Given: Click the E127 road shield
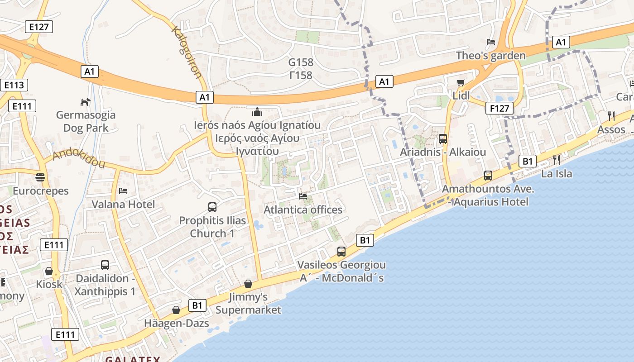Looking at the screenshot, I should click(x=38, y=27).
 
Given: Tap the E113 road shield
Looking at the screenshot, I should click(x=14, y=85).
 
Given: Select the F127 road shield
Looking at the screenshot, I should click(x=500, y=108).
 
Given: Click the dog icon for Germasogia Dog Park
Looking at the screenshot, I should click(x=85, y=102).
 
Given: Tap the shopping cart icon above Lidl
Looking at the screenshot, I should click(x=461, y=82).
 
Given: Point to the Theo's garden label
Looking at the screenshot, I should click(x=490, y=56).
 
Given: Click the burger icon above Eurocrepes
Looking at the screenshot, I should click(x=41, y=177).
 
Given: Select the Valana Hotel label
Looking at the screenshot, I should click(x=123, y=204).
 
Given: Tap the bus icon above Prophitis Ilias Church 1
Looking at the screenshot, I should click(x=212, y=207).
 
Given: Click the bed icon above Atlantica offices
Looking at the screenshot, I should click(x=303, y=196).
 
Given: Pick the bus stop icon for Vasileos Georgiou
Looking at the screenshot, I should click(x=341, y=251).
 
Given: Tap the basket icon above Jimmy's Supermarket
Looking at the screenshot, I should click(x=248, y=284).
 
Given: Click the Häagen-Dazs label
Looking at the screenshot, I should click(x=177, y=323).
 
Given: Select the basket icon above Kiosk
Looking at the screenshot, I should click(x=49, y=271).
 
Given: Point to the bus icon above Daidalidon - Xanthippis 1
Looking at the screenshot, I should click(x=105, y=265).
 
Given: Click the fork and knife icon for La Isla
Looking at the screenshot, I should click(x=557, y=160).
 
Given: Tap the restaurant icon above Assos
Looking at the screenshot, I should click(x=611, y=116).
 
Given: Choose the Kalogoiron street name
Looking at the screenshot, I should click(x=186, y=52).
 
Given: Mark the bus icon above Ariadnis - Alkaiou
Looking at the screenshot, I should click(x=443, y=139).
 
